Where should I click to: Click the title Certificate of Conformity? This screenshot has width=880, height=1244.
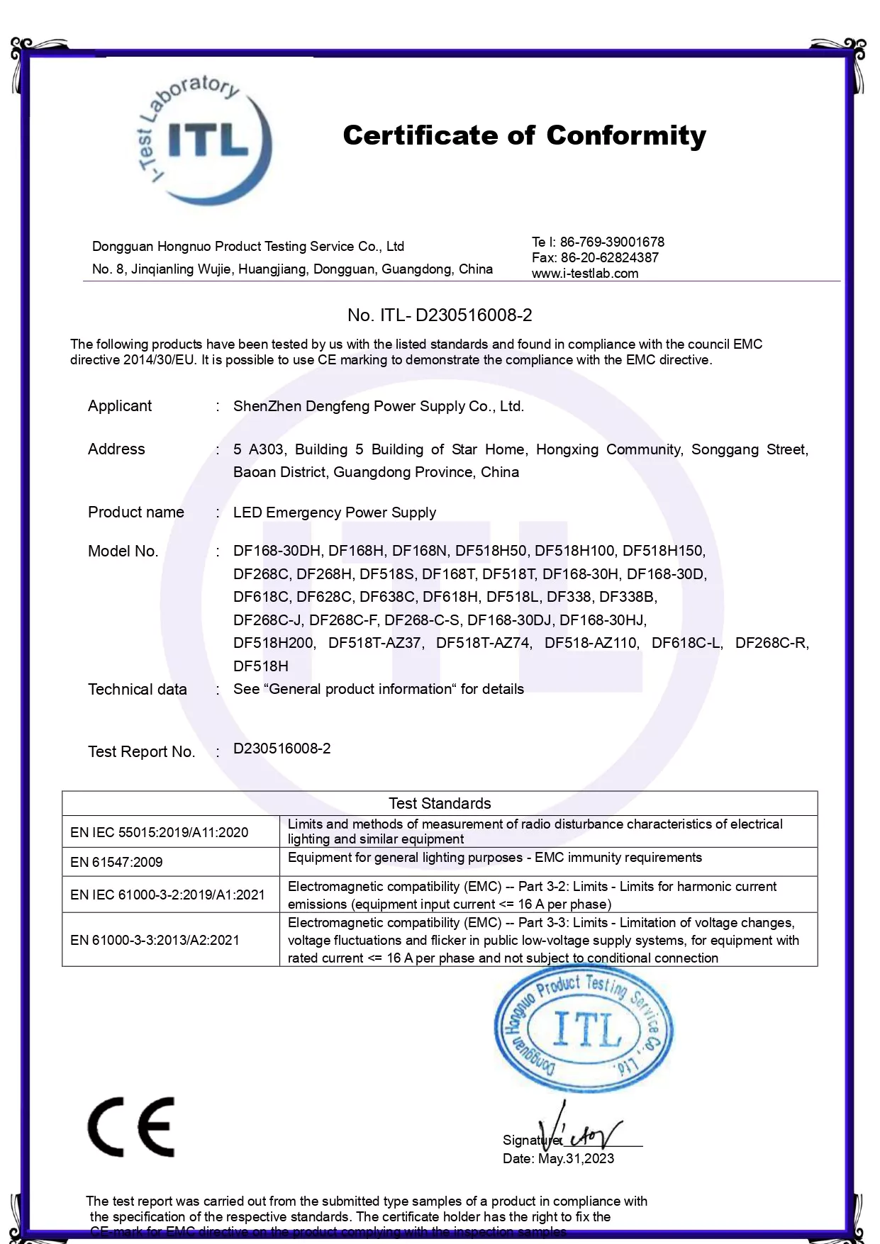point(524,135)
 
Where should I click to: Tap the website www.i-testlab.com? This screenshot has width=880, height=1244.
point(585,274)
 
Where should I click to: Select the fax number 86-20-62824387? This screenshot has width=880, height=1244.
point(609,258)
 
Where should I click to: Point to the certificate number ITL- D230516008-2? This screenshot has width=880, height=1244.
point(440,315)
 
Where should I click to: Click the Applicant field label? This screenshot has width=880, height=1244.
point(120,406)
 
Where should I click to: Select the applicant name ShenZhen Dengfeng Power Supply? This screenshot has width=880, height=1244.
point(378,406)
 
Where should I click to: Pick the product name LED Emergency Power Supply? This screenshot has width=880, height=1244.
point(335,512)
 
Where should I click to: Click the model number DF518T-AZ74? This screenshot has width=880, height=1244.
point(483,643)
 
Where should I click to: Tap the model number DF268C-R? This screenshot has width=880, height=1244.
point(772,643)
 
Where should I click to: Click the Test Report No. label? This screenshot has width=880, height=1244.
point(141,752)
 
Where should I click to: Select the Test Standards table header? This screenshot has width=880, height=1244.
point(440,803)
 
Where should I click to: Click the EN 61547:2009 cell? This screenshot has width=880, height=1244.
point(116,862)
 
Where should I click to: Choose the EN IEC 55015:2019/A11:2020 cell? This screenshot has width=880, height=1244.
point(160,832)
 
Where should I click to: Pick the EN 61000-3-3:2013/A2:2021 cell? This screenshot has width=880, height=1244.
point(155,940)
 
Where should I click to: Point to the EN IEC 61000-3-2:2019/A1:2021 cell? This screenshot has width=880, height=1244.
point(167,895)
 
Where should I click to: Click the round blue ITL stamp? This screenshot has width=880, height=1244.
point(584,1029)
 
